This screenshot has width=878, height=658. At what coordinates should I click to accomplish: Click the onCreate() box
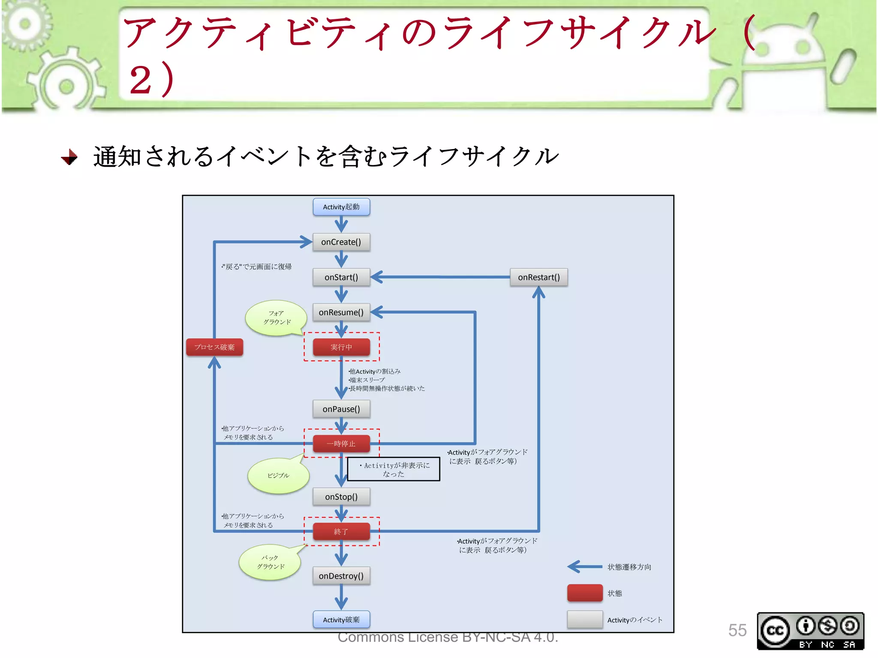tap(341, 242)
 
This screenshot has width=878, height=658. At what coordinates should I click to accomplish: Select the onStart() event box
tap(341, 277)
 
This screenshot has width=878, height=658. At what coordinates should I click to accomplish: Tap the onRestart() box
tap(538, 277)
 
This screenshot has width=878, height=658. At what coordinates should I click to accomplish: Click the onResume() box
tap(341, 312)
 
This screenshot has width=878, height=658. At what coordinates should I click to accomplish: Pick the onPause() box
tap(341, 409)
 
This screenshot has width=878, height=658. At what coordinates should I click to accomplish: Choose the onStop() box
tap(341, 497)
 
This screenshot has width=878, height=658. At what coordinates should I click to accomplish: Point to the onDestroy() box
tap(341, 576)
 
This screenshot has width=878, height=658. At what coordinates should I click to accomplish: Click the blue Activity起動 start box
tap(341, 207)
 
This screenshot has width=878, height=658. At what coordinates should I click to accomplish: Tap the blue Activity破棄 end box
tap(341, 620)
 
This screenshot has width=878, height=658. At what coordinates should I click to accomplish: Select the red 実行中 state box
tap(341, 347)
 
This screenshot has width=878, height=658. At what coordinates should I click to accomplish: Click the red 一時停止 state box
tap(341, 444)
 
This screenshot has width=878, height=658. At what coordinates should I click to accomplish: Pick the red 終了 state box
tap(341, 532)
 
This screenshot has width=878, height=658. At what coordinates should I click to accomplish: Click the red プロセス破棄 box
tap(214, 347)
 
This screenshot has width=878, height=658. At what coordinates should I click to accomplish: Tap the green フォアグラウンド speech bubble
tap(276, 318)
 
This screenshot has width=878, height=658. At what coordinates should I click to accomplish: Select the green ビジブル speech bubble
tap(278, 476)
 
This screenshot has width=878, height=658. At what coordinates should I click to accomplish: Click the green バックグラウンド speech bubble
tap(270, 562)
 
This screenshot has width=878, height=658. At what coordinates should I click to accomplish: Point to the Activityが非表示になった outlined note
tap(394, 470)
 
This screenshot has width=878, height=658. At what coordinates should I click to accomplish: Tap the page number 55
tap(737, 630)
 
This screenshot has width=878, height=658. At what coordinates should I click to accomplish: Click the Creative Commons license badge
tap(810, 631)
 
